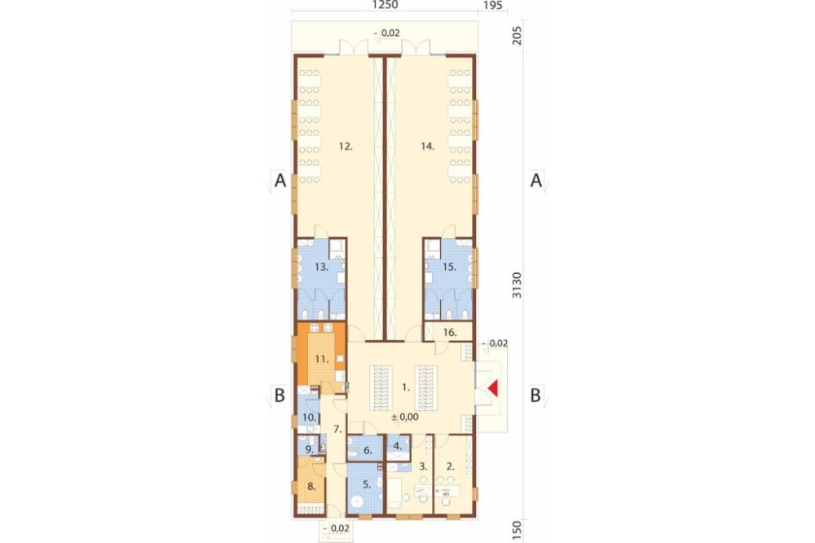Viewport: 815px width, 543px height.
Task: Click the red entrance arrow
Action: (493, 388)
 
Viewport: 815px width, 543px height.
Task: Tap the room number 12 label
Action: (346, 147)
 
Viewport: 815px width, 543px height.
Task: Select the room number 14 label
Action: (427, 147)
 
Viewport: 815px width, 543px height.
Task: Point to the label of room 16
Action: (450, 333)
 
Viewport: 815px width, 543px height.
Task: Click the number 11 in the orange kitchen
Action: (322, 359)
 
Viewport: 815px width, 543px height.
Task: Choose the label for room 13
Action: (321, 267)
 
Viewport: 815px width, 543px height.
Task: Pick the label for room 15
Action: (449, 267)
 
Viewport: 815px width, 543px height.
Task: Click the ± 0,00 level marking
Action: (405, 417)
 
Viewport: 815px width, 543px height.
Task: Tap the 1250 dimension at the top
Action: (385, 5)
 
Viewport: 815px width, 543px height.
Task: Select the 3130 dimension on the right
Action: (517, 285)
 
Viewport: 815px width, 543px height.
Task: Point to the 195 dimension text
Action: (493, 5)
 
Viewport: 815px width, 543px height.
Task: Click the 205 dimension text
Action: (517, 35)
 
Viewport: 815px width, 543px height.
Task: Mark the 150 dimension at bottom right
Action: (517, 530)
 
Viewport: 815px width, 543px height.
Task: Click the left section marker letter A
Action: (280, 181)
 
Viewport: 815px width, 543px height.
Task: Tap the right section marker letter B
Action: (535, 395)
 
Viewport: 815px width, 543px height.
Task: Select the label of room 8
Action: (311, 487)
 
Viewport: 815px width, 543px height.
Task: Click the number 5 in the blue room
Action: (367, 485)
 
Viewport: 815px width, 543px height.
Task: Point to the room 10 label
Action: (309, 417)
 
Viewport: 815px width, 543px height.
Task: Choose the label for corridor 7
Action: (337, 430)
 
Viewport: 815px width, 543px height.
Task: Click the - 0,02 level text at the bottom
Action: (336, 528)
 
